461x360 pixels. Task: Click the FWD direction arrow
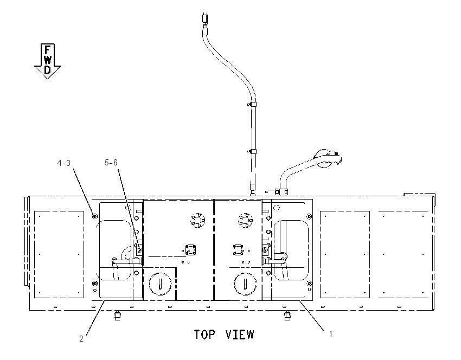48,61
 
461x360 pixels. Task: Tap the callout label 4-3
64,163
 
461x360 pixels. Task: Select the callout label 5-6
111,163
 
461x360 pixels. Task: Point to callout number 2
81,338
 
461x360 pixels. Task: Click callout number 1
330,334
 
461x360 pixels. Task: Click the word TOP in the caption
204,335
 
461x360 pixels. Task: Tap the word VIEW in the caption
240,335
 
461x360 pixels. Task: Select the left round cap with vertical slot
160,284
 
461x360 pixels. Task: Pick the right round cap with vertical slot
245,284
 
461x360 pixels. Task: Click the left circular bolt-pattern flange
197,220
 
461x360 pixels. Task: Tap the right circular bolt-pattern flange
246,220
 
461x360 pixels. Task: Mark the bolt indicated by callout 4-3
95,216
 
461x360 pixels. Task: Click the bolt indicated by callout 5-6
139,250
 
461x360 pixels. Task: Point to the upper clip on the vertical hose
252,104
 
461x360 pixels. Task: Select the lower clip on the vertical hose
252,152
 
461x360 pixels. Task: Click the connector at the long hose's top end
205,18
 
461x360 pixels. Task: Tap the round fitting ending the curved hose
324,159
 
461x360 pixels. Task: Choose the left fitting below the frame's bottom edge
117,316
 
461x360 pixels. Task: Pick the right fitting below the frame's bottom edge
287,316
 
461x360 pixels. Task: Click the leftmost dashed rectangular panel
59,254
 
